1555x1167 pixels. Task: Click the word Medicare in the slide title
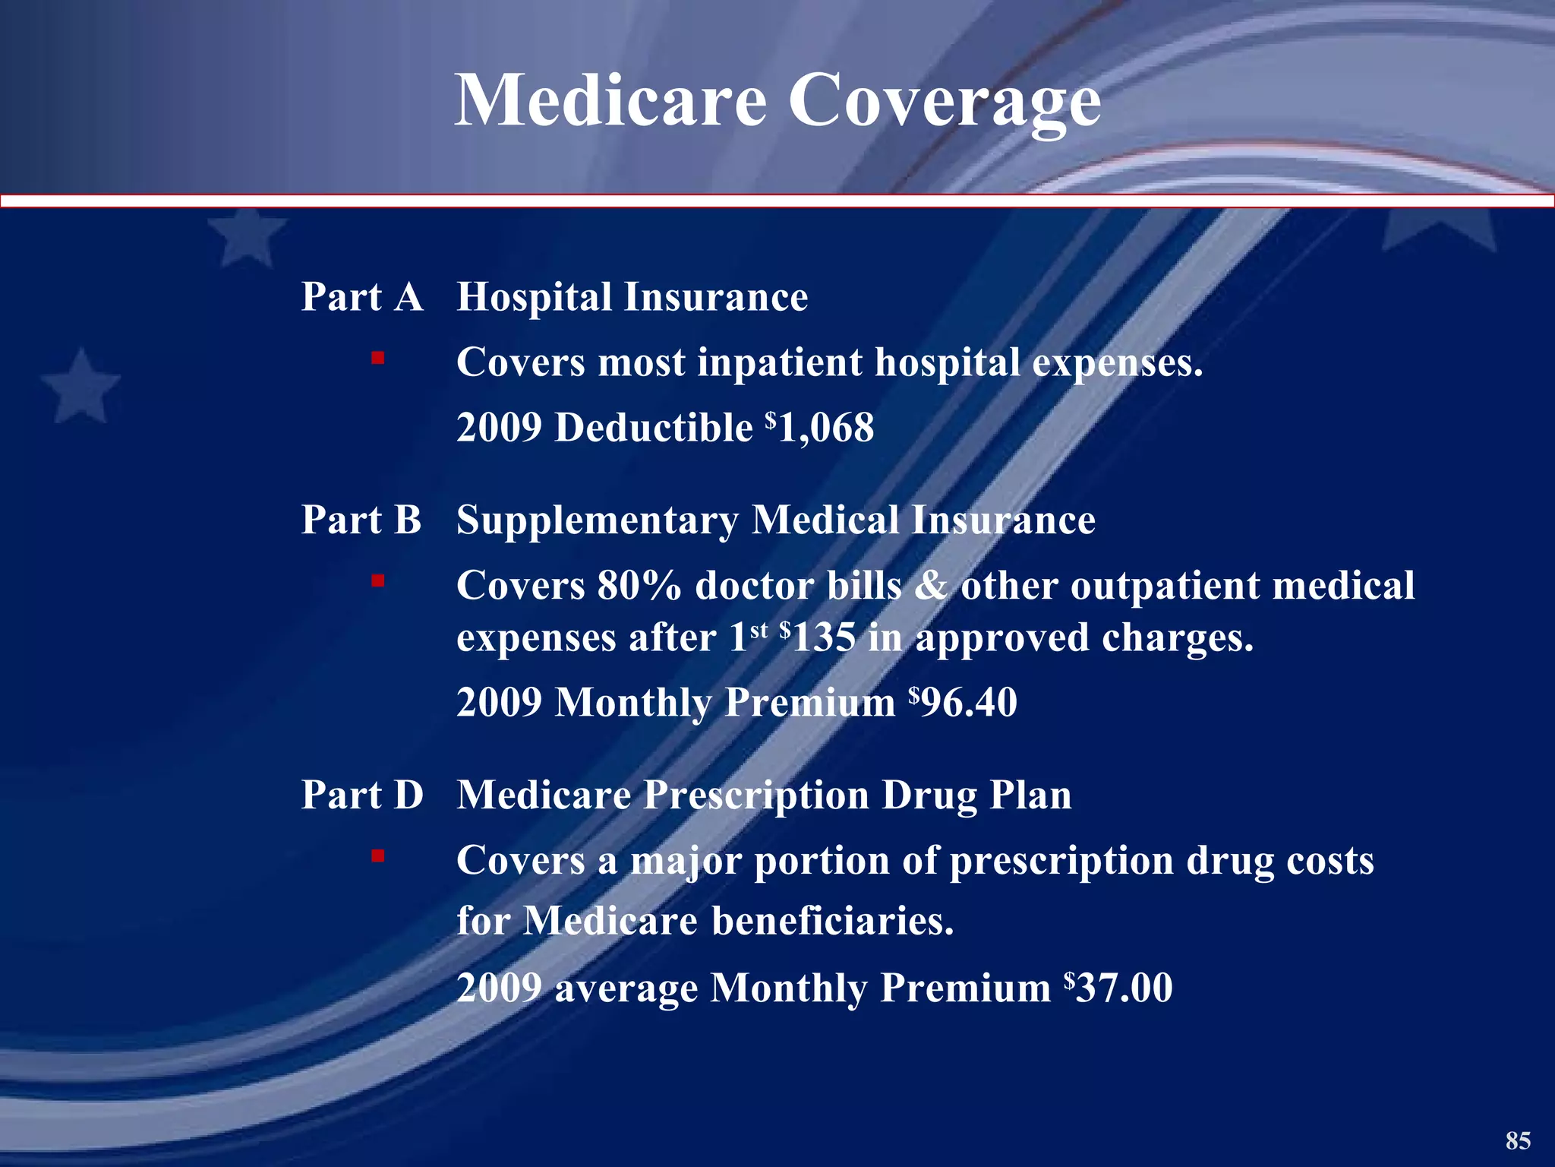pyautogui.click(x=611, y=100)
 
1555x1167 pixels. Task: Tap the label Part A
pyautogui.click(x=361, y=296)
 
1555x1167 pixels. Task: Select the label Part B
pyautogui.click(x=361, y=520)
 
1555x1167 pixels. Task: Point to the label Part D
pyautogui.click(x=361, y=795)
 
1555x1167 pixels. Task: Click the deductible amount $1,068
pyautogui.click(x=820, y=427)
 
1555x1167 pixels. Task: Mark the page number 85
pyautogui.click(x=1518, y=1140)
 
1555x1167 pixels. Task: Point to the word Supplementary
pyautogui.click(x=597, y=522)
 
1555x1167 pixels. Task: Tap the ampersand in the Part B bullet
pyautogui.click(x=930, y=586)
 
